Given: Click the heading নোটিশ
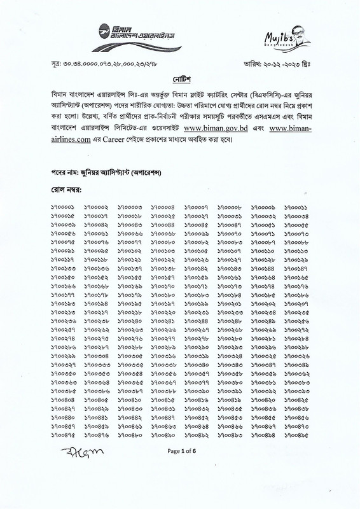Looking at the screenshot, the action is [x=180, y=87].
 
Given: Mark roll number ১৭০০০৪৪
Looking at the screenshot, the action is [x=163, y=226].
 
